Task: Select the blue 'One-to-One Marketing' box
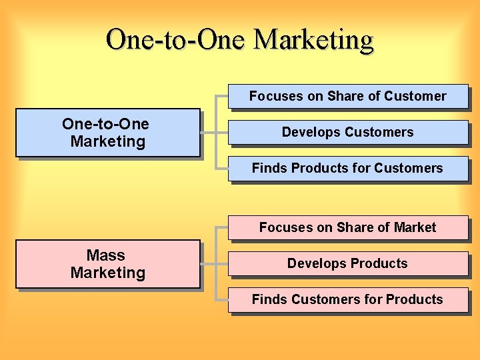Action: coord(107,133)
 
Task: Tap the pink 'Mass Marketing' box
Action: coord(107,264)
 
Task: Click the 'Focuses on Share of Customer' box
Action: coord(347,96)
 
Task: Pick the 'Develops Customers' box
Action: coord(347,132)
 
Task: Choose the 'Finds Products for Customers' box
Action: coord(347,168)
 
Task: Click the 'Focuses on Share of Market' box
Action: coord(347,227)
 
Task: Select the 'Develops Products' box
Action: coord(347,263)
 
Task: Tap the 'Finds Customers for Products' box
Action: coord(347,299)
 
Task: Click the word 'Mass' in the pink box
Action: coord(105,255)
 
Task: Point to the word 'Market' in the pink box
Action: coord(415,227)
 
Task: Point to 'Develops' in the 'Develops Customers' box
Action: coord(308,132)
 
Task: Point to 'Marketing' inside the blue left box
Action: coord(107,141)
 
